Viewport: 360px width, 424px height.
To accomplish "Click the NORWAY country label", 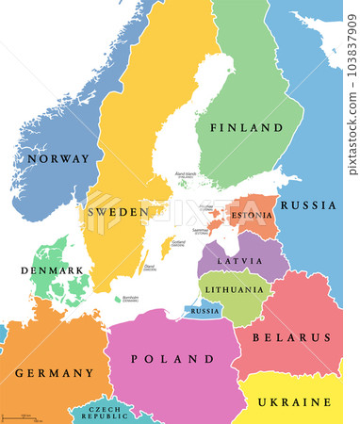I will tap(55, 159).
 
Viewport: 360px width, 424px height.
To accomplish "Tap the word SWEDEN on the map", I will tap(118, 212).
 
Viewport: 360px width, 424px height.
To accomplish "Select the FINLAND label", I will tap(246, 127).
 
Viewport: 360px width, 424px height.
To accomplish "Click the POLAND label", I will tap(173, 359).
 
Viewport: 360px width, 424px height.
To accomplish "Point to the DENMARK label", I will tap(45, 270).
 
